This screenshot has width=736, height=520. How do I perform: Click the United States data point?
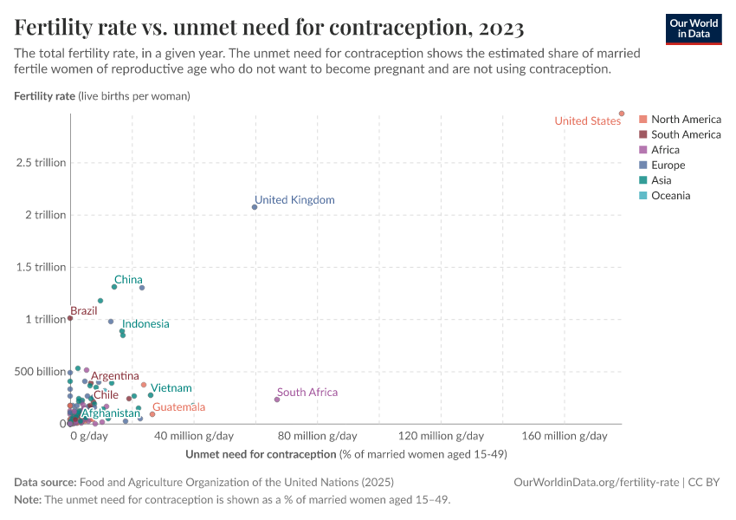tap(622, 114)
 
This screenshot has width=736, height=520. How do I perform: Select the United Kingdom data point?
tap(255, 207)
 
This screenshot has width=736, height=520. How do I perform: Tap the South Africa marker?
tap(277, 400)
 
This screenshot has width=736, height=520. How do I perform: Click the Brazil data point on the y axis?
tap(70, 318)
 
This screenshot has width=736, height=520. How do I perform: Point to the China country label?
tap(128, 280)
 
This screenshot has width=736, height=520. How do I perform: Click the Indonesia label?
tap(145, 324)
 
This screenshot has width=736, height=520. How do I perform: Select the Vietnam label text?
tap(171, 388)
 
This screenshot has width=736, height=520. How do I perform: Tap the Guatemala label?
tap(178, 406)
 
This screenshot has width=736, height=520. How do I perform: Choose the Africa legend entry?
tap(665, 150)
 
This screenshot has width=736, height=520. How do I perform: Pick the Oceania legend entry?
tap(670, 196)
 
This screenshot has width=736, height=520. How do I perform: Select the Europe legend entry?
tap(668, 166)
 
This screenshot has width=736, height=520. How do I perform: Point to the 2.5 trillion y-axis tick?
tap(41, 163)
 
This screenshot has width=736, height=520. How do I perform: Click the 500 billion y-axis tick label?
tap(39, 372)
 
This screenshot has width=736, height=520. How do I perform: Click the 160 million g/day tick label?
tap(565, 436)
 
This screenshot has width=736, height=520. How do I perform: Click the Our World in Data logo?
tap(694, 29)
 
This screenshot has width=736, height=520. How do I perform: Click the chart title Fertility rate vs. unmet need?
tap(269, 29)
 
